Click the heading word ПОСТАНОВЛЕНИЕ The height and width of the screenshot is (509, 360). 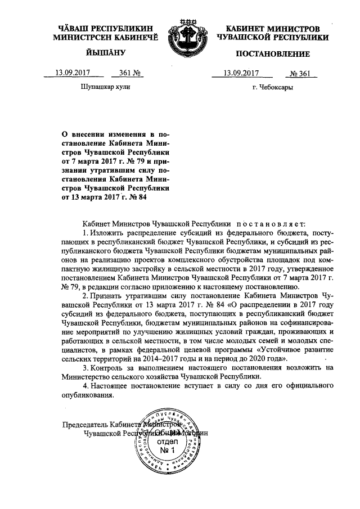pyautogui.click(x=272, y=54)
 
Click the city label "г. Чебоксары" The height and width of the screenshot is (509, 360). pyautogui.click(x=273, y=88)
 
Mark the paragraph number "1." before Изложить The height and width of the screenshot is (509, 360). pyautogui.click(x=85, y=232)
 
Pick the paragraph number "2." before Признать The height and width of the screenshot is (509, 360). pyautogui.click(x=85, y=295)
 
